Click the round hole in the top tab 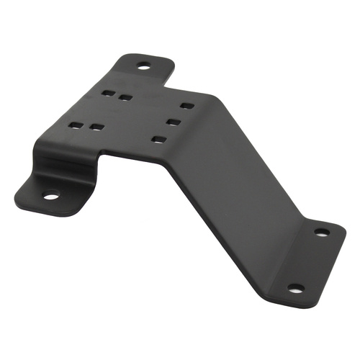[143, 67]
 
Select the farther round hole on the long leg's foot [322, 232]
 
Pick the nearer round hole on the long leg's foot [294, 287]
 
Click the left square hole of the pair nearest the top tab [108, 93]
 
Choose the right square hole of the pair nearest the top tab [125, 96]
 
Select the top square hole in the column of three [186, 106]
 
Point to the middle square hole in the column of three [173, 121]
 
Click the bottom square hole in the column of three [159, 138]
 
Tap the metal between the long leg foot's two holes [308, 259]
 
